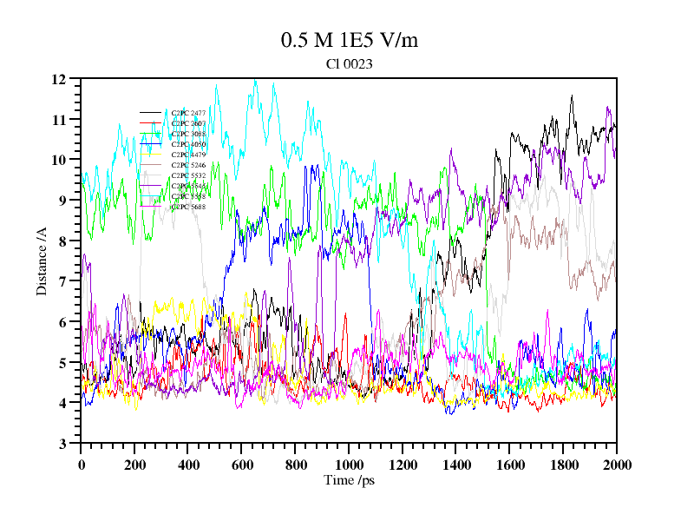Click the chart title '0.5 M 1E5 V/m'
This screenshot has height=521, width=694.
(350, 40)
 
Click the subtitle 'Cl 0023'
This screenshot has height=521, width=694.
(350, 63)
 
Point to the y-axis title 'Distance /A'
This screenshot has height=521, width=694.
(42, 260)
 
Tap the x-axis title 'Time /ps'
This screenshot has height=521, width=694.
(349, 480)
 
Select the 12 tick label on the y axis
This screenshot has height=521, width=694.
(59, 79)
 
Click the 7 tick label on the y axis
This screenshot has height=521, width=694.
(62, 281)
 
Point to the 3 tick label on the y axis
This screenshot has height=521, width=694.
(62, 444)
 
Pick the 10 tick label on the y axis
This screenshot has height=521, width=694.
(59, 160)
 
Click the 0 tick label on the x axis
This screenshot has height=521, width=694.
(82, 465)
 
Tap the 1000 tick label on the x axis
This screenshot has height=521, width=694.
(349, 465)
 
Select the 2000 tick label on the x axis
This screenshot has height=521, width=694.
(616, 465)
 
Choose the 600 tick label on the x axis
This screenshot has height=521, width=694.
(242, 465)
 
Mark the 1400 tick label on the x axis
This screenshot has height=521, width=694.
(456, 465)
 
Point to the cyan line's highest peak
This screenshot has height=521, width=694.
(255, 81)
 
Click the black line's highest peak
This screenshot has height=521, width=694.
(572, 96)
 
